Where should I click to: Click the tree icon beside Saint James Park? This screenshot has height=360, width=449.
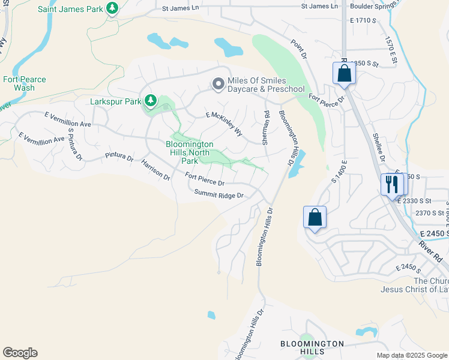112,8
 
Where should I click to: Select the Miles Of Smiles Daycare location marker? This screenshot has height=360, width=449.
218,85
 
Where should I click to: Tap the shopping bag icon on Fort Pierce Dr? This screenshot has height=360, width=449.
345,73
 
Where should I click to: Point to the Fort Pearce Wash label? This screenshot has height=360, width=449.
24,83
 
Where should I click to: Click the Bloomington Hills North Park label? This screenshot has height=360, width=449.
190,152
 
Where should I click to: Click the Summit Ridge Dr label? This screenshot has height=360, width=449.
218,195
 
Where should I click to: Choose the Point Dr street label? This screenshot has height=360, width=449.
299,49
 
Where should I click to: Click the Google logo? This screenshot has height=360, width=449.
20,353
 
